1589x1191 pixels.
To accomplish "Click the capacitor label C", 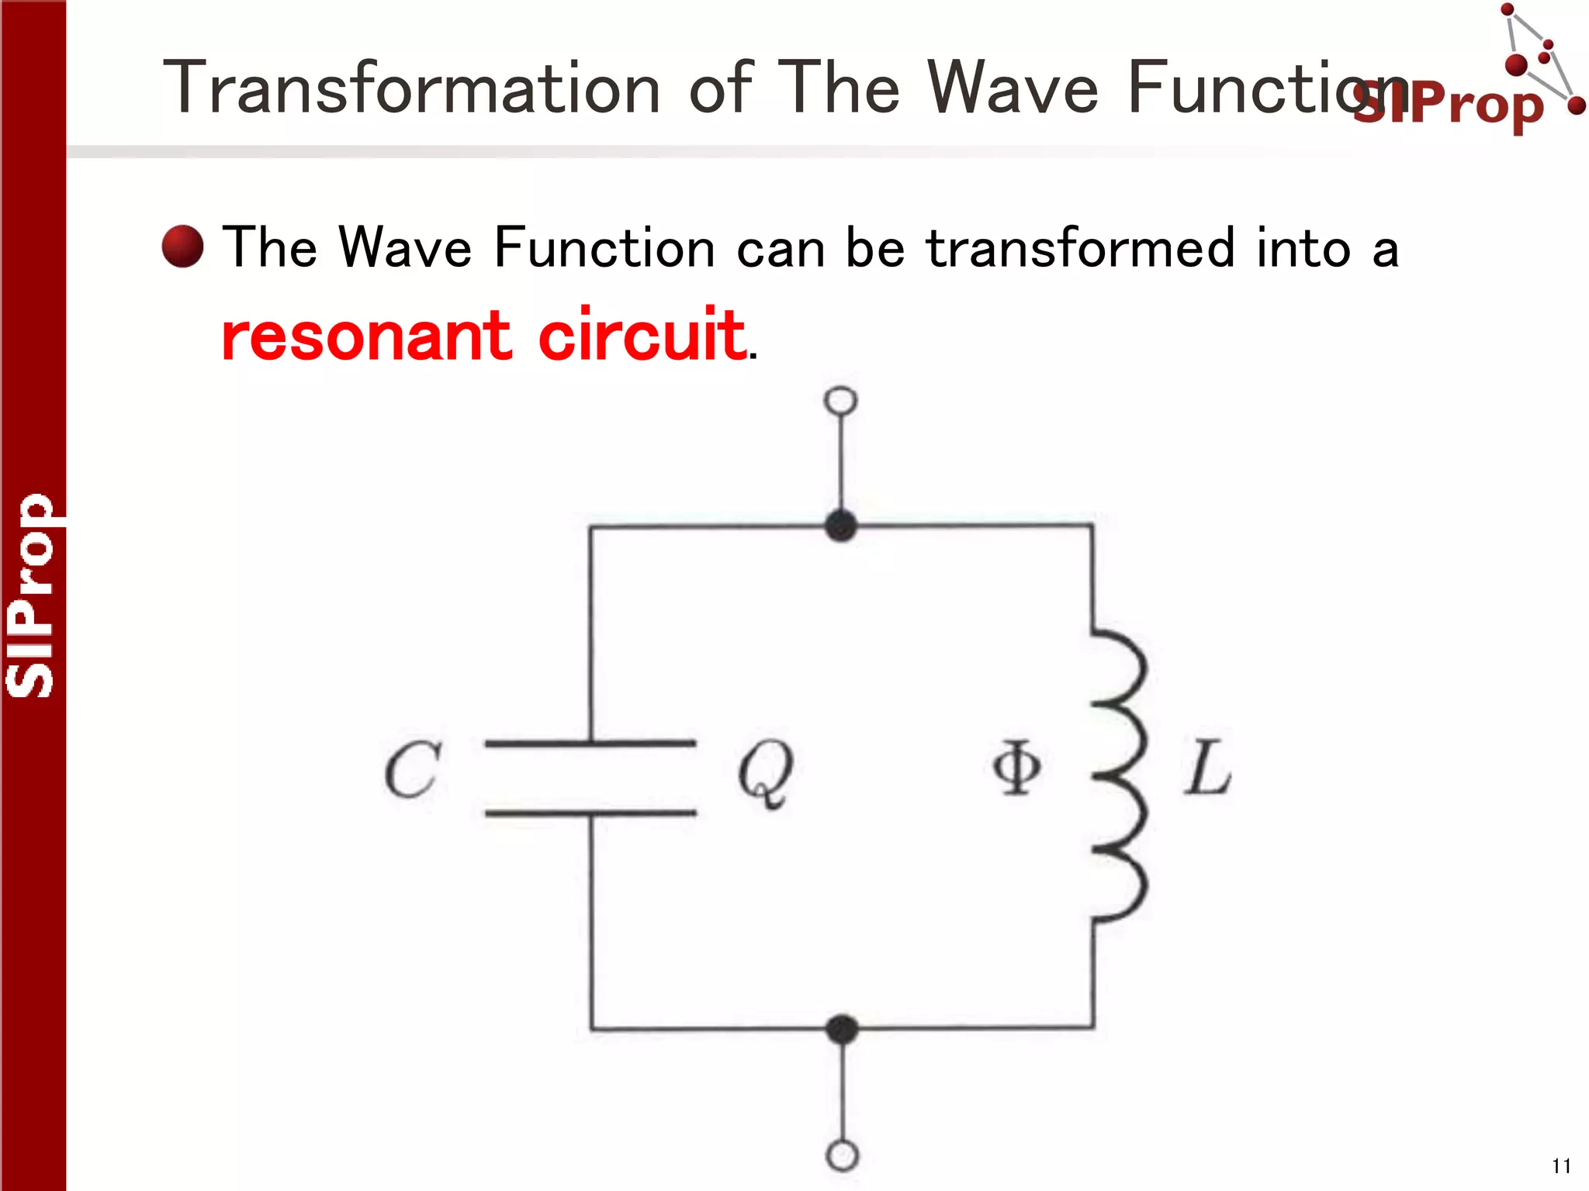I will pos(413,769).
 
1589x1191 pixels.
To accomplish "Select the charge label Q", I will pos(766,772).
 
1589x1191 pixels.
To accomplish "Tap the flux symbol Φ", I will pos(1016,768).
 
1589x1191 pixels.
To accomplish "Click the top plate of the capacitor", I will pos(590,744).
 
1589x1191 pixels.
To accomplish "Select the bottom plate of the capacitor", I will pos(590,813).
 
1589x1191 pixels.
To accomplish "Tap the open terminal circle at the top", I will pos(841,401).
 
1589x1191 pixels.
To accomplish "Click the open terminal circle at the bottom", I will pos(843,1155).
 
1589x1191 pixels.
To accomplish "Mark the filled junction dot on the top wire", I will pos(841,526).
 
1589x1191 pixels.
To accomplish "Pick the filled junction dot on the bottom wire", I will pos(843,1029).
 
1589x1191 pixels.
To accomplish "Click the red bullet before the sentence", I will pos(183,247).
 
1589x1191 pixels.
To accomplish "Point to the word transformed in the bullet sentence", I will pos(1079,248).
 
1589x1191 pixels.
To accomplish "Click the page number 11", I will pos(1561,1166).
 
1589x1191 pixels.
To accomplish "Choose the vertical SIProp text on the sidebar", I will pos(31,595).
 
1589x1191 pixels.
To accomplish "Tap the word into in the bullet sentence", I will pos(1303,248).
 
